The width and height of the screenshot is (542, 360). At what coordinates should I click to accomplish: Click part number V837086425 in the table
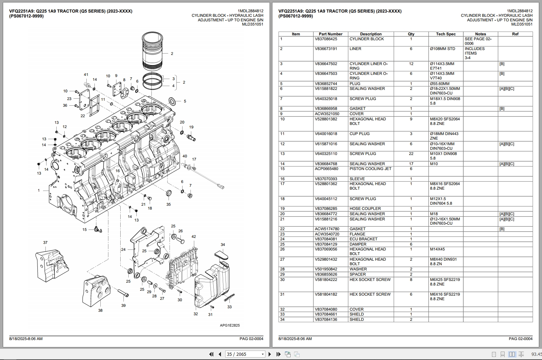(326, 39)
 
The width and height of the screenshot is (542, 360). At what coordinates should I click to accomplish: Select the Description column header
(371, 34)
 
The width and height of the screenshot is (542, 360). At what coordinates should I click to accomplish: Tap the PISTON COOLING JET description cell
(370, 169)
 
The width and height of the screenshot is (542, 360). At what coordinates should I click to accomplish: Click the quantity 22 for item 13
(411, 154)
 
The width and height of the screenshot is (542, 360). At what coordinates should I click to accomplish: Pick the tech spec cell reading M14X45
(437, 249)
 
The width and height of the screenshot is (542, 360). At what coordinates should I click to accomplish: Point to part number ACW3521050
(327, 114)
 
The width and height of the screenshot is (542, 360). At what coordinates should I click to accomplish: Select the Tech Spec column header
(445, 34)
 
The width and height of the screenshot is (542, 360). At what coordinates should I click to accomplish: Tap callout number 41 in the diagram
(86, 75)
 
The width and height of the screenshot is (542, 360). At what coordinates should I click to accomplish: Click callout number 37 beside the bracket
(45, 242)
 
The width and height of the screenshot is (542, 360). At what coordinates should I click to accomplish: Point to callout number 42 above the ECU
(194, 237)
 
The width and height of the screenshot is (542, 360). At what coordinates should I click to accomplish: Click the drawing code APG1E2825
(230, 325)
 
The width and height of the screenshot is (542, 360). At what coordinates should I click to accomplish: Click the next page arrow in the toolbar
(270, 354)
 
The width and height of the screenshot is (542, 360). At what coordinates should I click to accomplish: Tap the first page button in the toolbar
(211, 354)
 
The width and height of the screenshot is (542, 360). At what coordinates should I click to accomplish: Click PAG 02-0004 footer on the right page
(520, 339)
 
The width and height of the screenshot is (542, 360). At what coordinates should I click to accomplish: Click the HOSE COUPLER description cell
(365, 209)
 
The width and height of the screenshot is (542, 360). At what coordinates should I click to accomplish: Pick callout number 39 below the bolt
(123, 305)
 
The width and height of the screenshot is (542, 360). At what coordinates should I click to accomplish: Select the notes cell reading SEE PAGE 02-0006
(478, 41)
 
